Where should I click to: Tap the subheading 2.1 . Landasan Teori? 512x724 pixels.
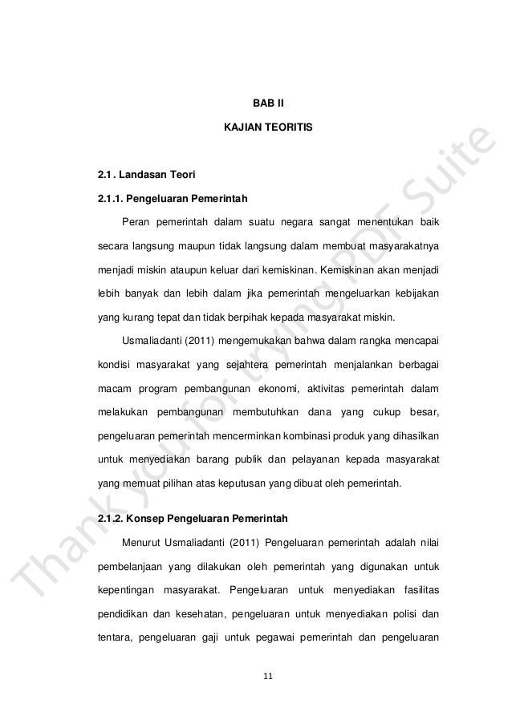click(x=140, y=173)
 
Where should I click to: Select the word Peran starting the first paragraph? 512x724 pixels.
click(x=136, y=220)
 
